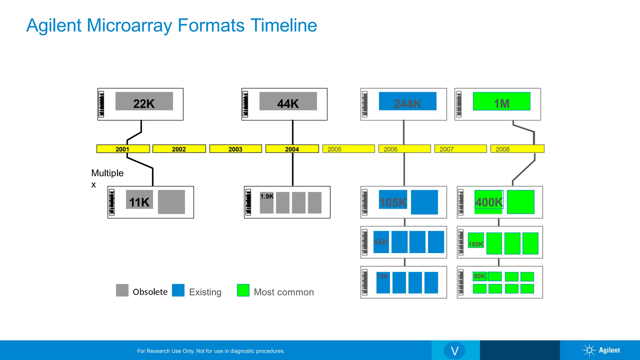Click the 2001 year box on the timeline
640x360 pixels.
pos(123,149)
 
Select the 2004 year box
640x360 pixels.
pos(292,149)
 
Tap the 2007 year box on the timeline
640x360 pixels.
pos(460,149)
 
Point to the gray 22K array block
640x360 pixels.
pos(144,101)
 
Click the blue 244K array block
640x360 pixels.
pos(407,101)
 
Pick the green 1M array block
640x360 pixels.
pos(502,101)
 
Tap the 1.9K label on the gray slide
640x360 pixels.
pos(267,197)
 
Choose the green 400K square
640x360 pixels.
pos(489,202)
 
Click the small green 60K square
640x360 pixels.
pos(479,276)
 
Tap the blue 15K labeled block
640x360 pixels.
pos(383,282)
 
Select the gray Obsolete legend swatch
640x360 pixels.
pos(122,290)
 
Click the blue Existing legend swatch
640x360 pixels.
pos(178,290)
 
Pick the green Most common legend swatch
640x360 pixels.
pos(243,290)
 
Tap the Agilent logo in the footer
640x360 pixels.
pos(601,350)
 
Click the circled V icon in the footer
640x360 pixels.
pos(454,351)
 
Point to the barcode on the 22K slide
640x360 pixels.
pos(101,104)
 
